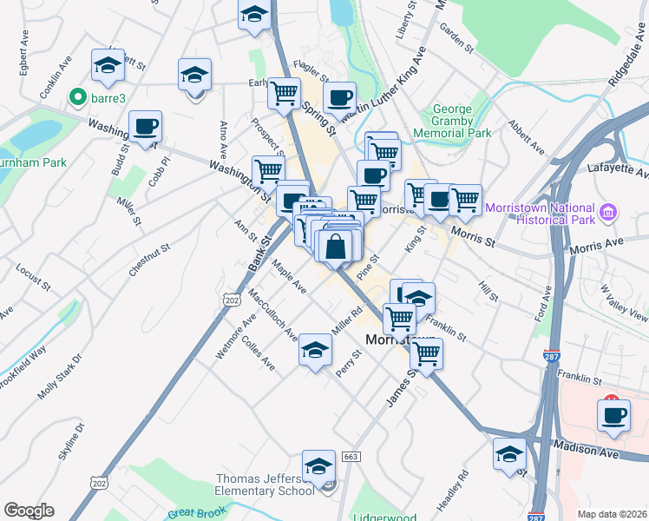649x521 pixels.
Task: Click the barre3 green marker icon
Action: pyautogui.click(x=78, y=96)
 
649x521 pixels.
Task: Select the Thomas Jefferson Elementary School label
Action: pyautogui.click(x=265, y=485)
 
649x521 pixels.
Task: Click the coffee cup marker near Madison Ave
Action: pyautogui.click(x=613, y=414)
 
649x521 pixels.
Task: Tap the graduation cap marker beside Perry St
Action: pyautogui.click(x=315, y=350)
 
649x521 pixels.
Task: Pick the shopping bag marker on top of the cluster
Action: pyautogui.click(x=335, y=247)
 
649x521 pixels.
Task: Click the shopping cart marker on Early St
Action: pyautogui.click(x=284, y=93)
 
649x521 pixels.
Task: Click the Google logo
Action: pyautogui.click(x=29, y=511)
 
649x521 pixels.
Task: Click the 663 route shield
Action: pyautogui.click(x=351, y=457)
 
